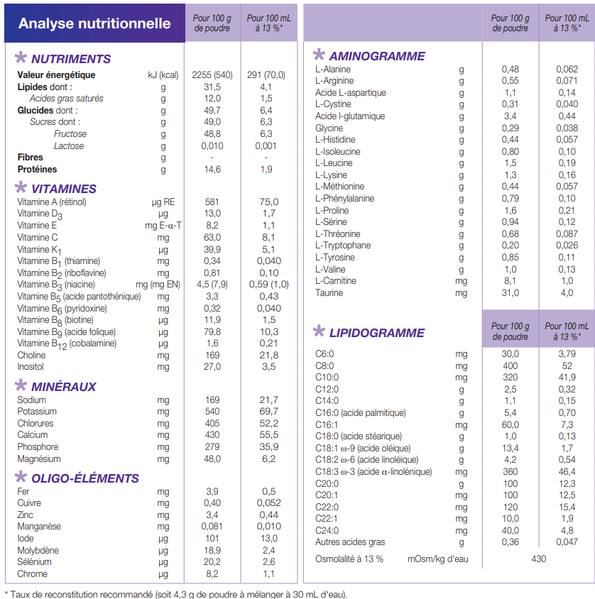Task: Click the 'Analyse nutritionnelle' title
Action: [94, 23]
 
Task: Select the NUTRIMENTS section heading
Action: [71, 59]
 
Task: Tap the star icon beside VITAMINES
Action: [21, 187]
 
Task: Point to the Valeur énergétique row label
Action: [56, 75]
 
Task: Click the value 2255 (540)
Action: [212, 75]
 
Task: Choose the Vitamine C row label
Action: [38, 238]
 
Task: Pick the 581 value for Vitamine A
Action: [212, 202]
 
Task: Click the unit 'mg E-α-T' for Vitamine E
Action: [163, 226]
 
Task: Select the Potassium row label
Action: [37, 412]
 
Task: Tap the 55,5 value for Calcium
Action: [268, 435]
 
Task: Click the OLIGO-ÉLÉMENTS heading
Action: [84, 478]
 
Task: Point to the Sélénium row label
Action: [34, 562]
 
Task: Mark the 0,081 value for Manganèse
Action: [212, 527]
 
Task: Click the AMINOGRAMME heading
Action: [377, 56]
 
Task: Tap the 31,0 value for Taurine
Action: [511, 293]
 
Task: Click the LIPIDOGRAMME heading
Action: [377, 333]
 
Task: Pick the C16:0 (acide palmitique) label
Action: [361, 413]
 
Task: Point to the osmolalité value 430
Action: [538, 559]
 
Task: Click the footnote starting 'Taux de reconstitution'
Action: [179, 595]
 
